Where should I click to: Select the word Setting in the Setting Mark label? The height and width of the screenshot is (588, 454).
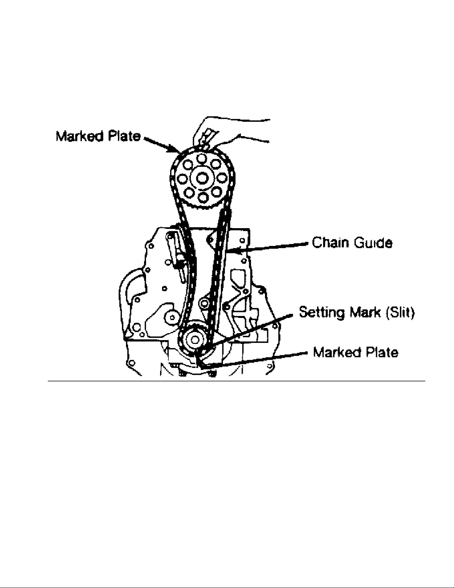(x=320, y=312)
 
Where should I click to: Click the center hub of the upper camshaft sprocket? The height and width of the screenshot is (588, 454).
(x=202, y=178)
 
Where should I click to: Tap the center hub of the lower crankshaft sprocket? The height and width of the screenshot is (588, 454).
(x=193, y=339)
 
